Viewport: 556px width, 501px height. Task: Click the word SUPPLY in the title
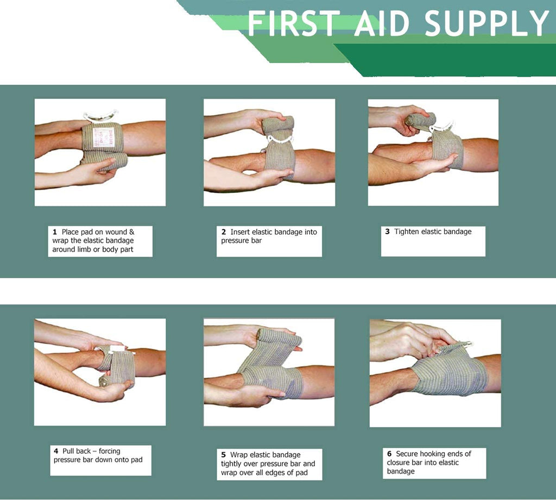(x=486, y=23)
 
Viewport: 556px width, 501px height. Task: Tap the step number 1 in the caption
(x=55, y=232)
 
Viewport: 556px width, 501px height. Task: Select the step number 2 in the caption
(x=223, y=232)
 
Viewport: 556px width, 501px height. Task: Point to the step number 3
(x=388, y=231)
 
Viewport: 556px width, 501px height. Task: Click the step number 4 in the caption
(x=56, y=452)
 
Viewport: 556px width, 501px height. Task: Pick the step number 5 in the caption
(x=223, y=455)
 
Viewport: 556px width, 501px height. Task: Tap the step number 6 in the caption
(x=389, y=454)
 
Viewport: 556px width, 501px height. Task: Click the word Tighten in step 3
(x=407, y=231)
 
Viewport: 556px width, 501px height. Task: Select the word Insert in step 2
(x=240, y=232)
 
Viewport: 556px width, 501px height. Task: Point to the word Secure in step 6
(x=407, y=454)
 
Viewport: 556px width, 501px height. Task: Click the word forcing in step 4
(x=109, y=452)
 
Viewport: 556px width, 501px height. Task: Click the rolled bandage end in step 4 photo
(x=105, y=382)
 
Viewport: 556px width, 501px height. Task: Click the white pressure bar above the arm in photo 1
(x=100, y=116)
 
